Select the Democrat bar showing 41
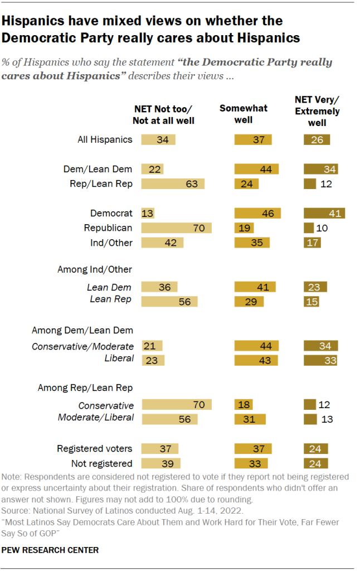click(324, 213)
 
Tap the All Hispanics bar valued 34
click(159, 139)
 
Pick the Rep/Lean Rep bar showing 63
click(173, 183)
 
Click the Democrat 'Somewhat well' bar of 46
click(258, 213)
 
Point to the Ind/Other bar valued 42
click(162, 243)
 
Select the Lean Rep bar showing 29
click(249, 301)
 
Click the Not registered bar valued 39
click(161, 463)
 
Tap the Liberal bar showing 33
click(321, 360)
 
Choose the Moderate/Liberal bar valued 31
click(250, 419)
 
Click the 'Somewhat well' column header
click(244, 114)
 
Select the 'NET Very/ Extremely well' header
click(317, 111)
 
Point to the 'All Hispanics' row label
click(105, 139)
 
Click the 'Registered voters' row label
click(95, 448)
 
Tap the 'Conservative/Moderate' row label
click(82, 346)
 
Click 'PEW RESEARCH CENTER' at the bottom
click(50, 550)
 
